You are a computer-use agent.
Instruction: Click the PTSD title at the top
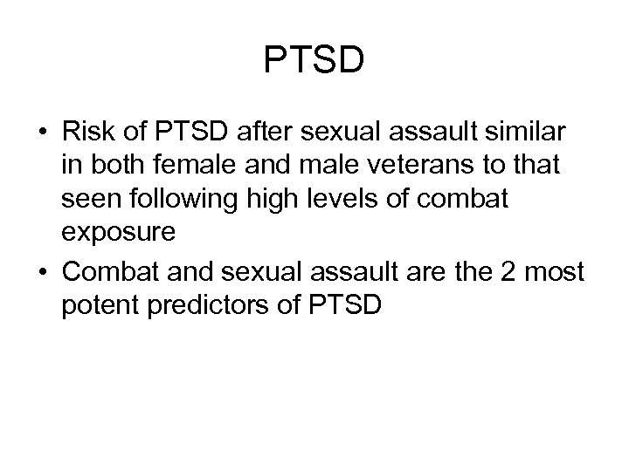tap(314, 61)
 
